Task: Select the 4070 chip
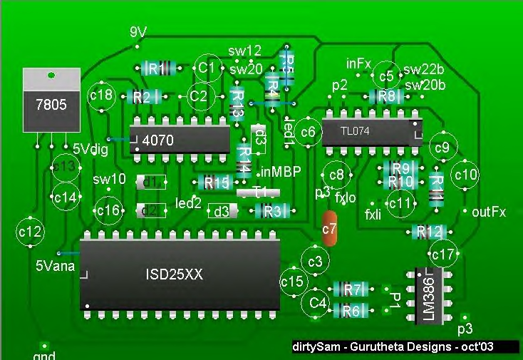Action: (180, 140)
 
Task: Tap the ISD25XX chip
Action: (180, 274)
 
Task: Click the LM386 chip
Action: (429, 299)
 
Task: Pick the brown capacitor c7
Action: (329, 228)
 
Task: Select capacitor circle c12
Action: (31, 231)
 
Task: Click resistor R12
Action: (430, 232)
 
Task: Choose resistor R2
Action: (143, 97)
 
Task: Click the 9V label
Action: (139, 33)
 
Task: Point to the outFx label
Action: (489, 212)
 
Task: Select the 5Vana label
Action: (54, 266)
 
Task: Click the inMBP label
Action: (281, 172)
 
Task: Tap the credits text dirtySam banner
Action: (404, 347)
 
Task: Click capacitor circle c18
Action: (102, 95)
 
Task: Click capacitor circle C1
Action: (207, 68)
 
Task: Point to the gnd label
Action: (44, 355)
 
